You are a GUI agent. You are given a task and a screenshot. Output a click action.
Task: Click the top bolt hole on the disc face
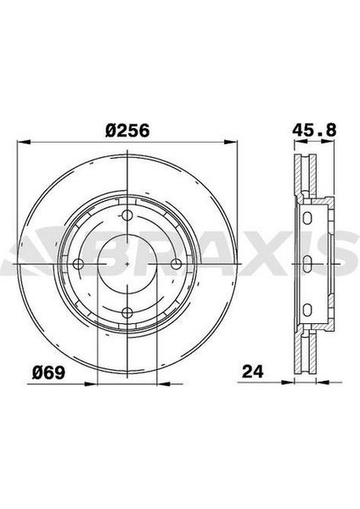127,215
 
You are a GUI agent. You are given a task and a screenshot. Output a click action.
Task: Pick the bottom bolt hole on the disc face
127,311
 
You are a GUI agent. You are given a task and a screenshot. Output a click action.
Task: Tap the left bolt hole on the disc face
78,264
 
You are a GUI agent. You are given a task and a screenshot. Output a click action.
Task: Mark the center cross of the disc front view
127,264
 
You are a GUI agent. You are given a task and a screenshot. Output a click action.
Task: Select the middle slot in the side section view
307,264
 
